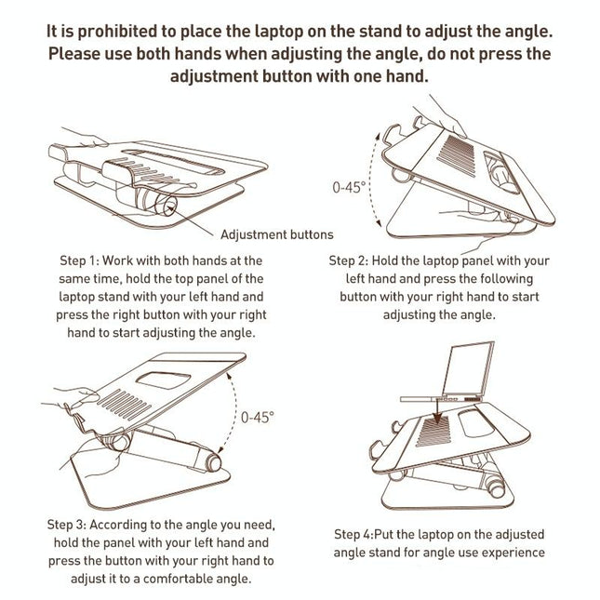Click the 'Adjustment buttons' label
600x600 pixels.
pyautogui.click(x=277, y=233)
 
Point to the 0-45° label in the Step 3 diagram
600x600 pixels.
pyautogui.click(x=256, y=418)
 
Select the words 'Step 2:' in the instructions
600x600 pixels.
pyautogui.click(x=353, y=261)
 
